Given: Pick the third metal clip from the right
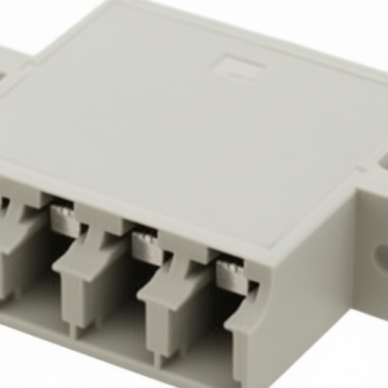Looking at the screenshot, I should point(66,221).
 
